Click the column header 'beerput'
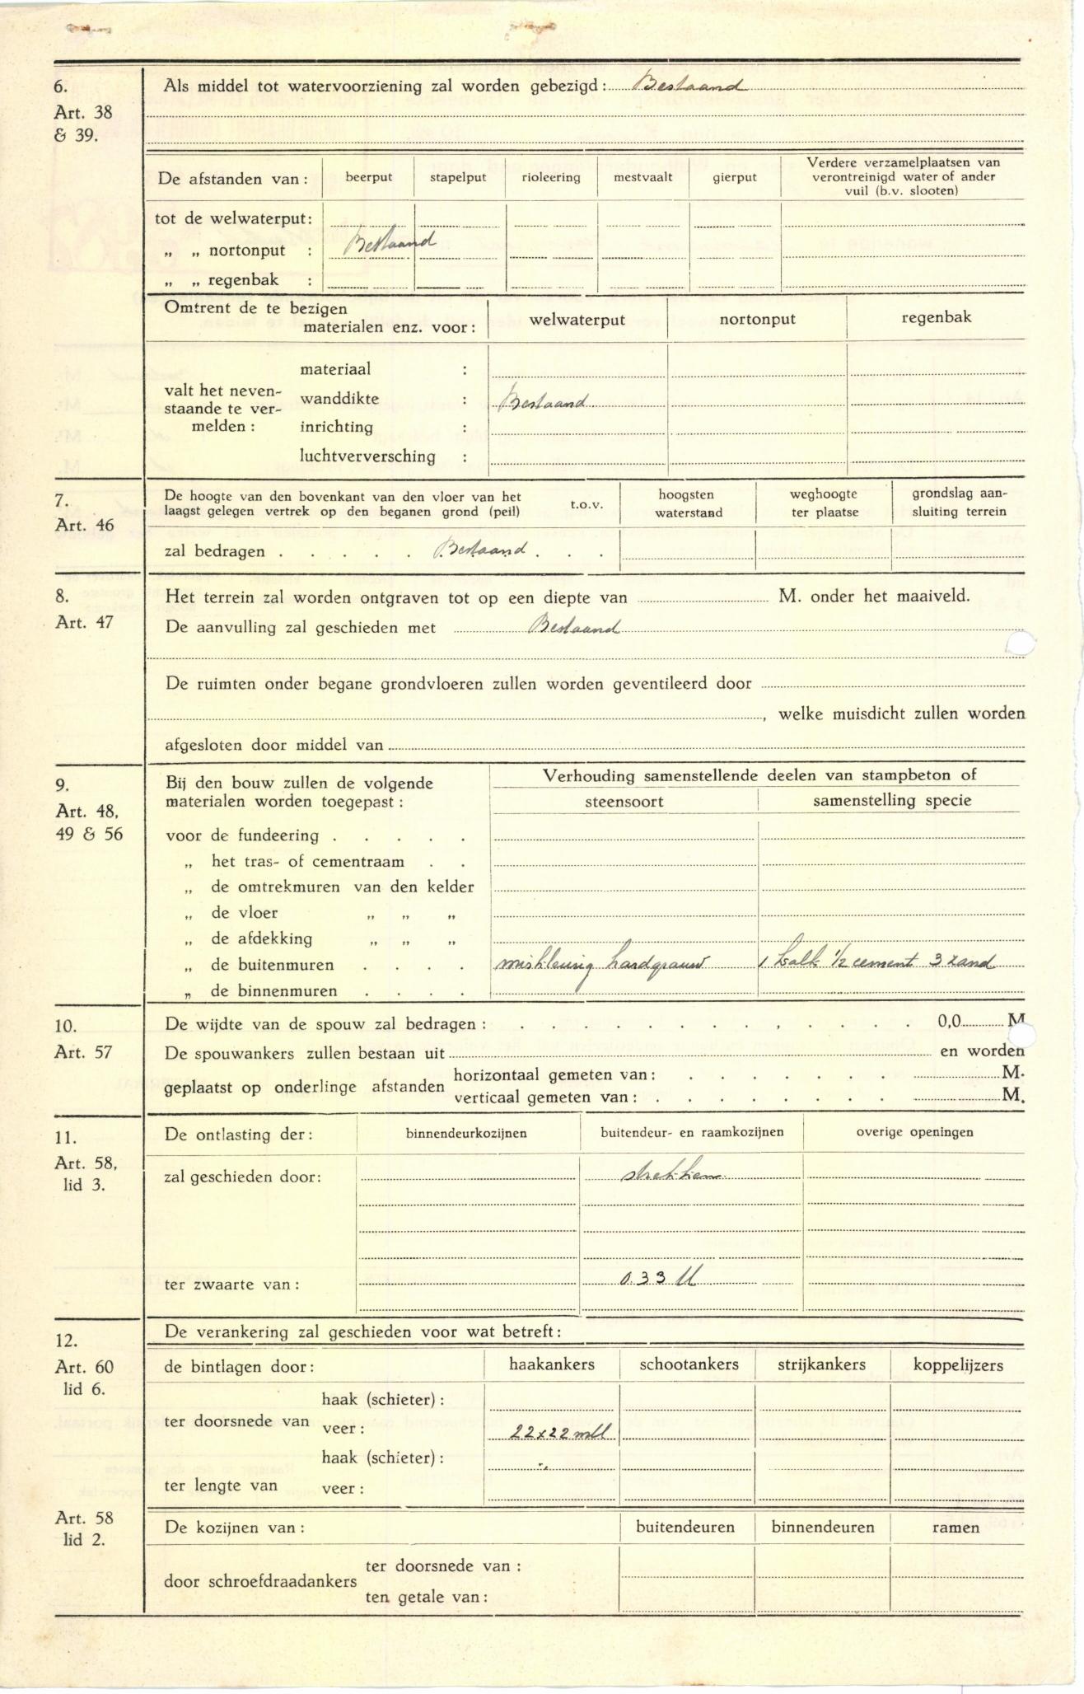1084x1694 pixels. point(368,177)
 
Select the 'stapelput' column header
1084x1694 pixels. point(458,177)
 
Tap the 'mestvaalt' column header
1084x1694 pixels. point(643,177)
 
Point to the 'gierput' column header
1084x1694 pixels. point(734,177)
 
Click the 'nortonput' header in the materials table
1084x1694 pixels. point(757,319)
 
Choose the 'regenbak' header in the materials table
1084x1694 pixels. point(937,317)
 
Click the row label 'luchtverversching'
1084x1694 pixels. point(367,456)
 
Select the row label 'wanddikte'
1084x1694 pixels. point(339,399)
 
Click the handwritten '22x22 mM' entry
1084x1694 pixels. point(563,1433)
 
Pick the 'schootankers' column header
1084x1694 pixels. point(689,1364)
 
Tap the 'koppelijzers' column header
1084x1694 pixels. point(958,1365)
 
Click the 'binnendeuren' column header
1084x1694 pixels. point(823,1527)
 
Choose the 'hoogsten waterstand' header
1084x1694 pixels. point(688,503)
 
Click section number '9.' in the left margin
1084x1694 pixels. point(63,784)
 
